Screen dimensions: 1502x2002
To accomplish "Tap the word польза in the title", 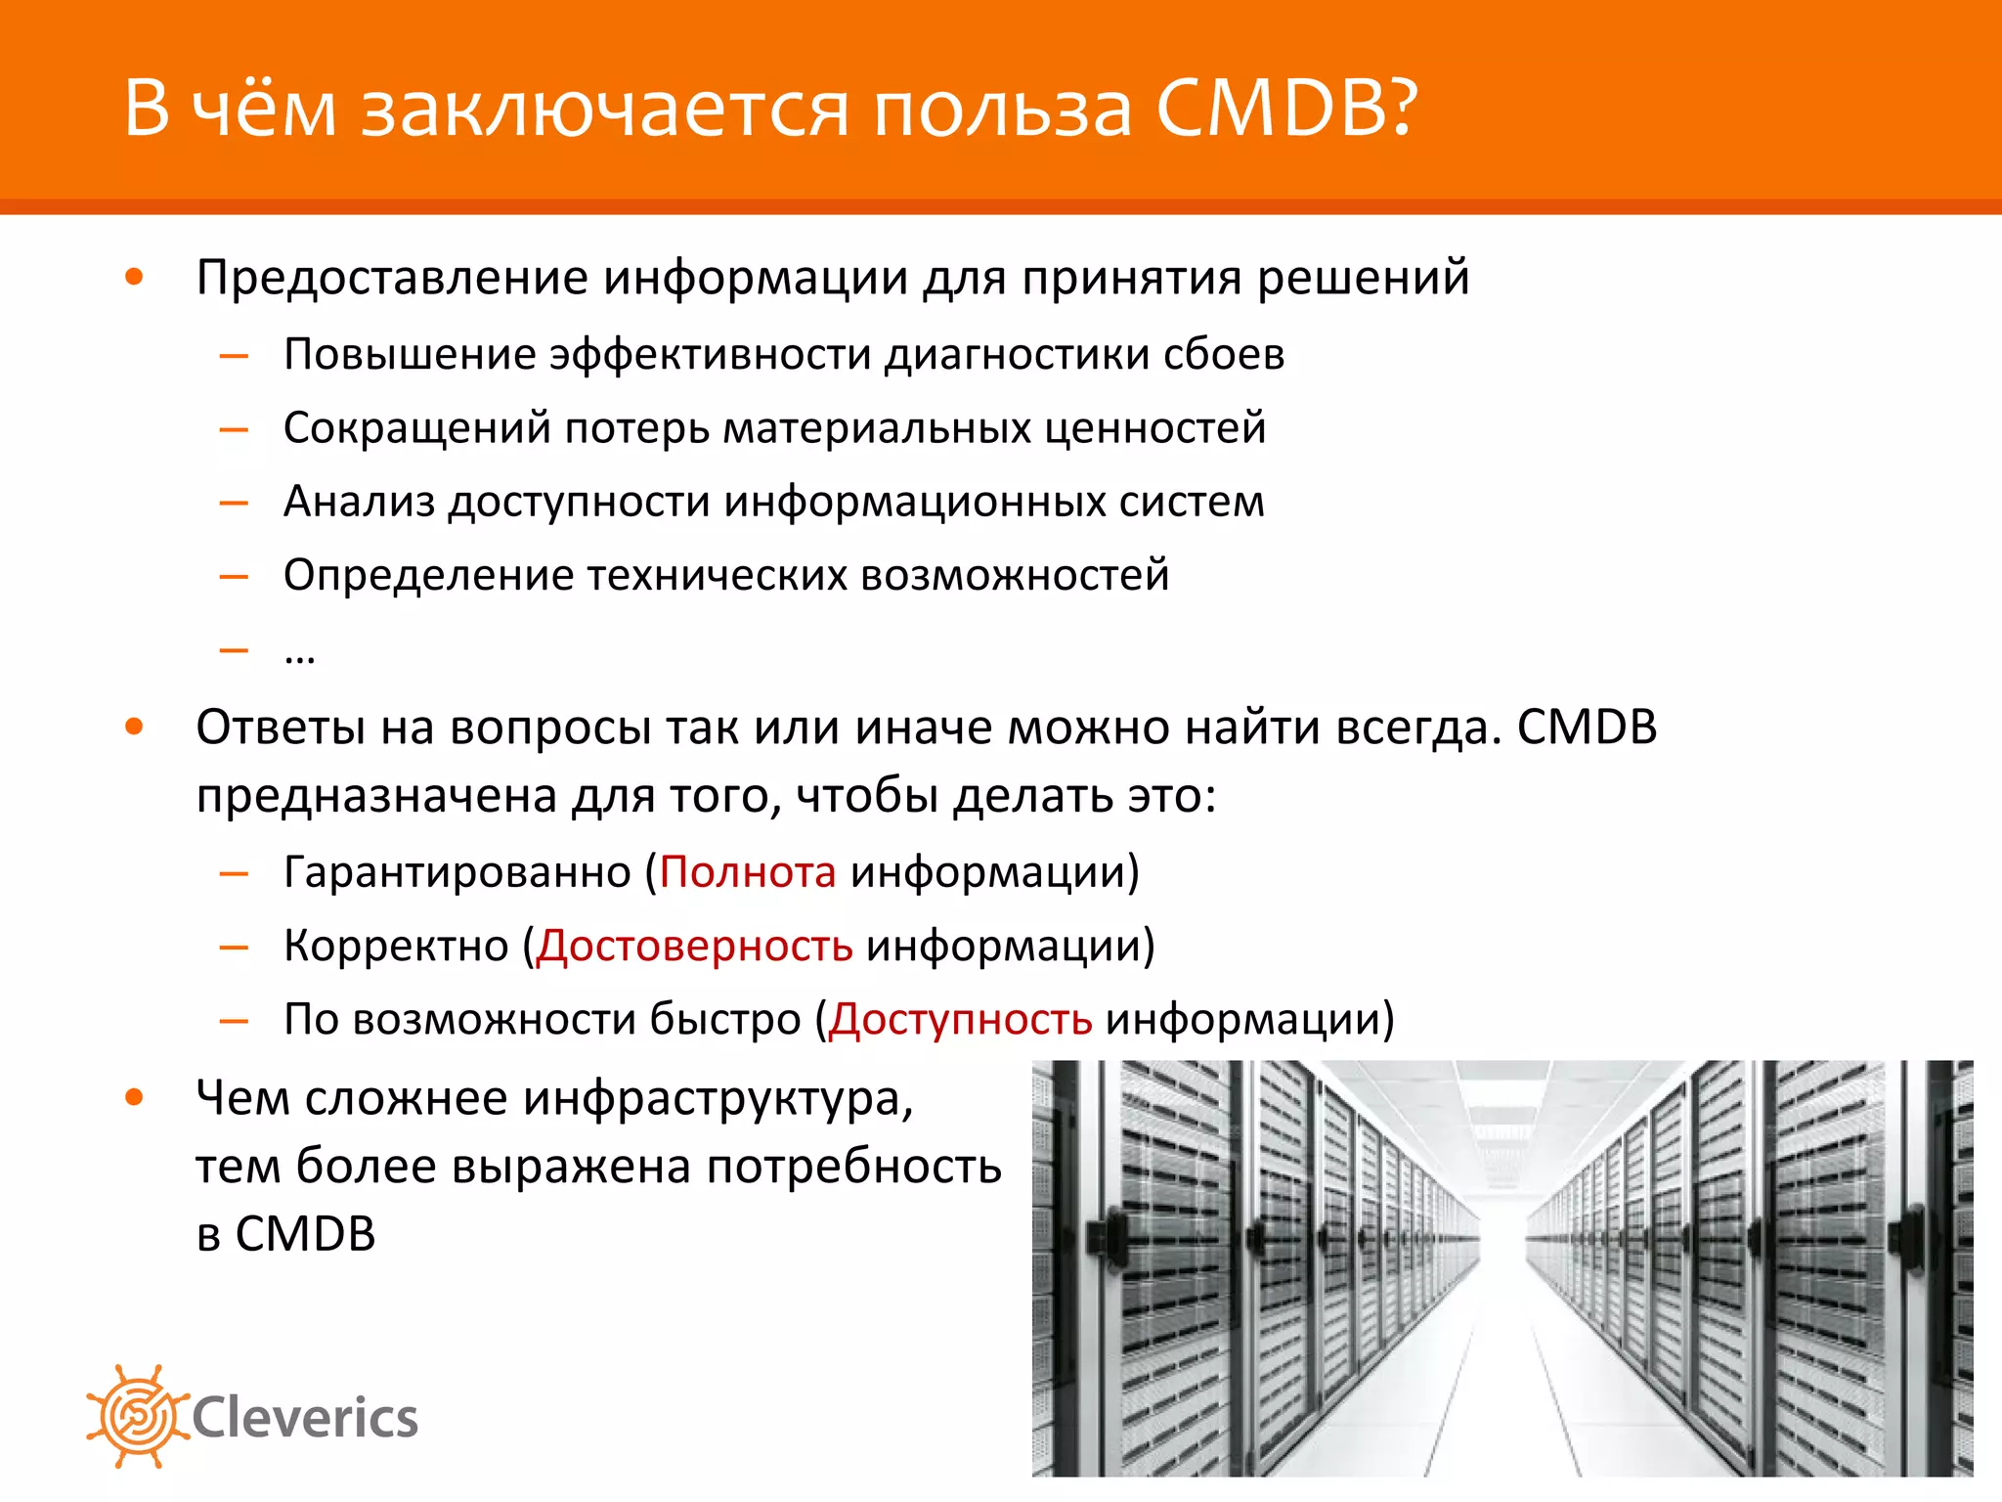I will pyautogui.click(x=1002, y=110).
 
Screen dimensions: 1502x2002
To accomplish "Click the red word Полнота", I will pyautogui.click(x=748, y=871).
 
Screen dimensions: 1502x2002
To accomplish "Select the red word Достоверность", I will pyautogui.click(x=695, y=946).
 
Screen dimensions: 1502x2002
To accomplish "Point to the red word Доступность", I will pyautogui.click(x=960, y=1019).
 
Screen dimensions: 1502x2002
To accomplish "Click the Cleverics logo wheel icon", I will pyautogui.click(x=137, y=1416).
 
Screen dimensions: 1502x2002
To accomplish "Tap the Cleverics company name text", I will pyautogui.click(x=305, y=1418).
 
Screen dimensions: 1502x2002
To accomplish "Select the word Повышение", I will pyautogui.click(x=409, y=354).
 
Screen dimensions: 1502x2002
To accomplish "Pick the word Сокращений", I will pyautogui.click(x=417, y=428).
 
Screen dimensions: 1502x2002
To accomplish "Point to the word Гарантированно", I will pyautogui.click(x=457, y=871).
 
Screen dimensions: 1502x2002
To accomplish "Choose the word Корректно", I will pyautogui.click(x=396, y=946).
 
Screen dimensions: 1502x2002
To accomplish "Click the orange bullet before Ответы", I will pyautogui.click(x=135, y=727).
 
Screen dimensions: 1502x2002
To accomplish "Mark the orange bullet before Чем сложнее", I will pyautogui.click(x=135, y=1097).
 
